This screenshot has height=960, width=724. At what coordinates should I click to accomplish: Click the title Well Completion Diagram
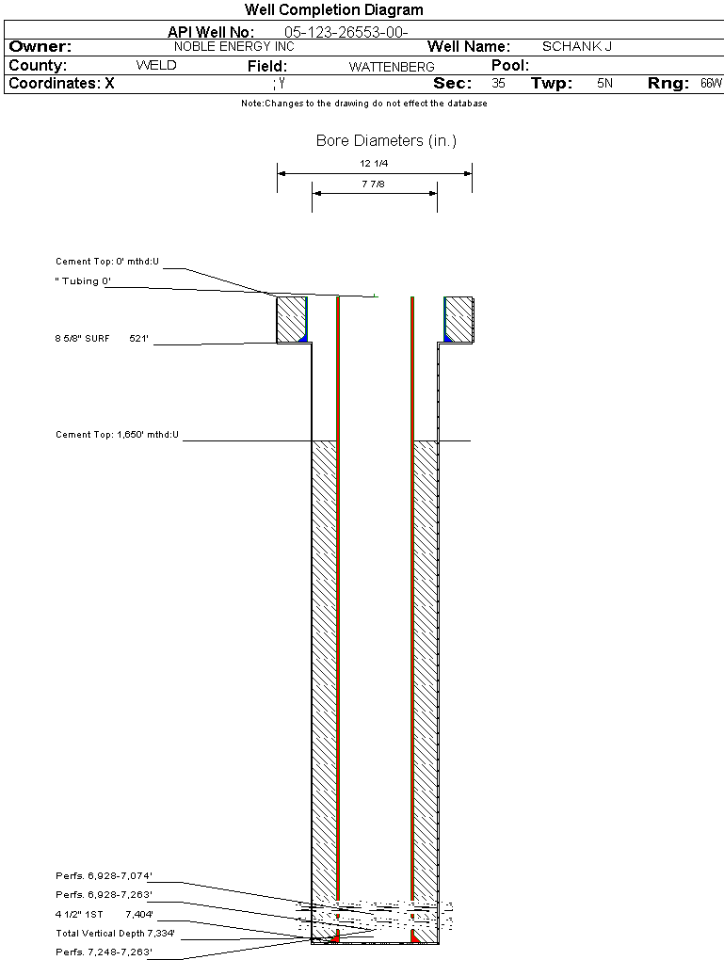pos(333,10)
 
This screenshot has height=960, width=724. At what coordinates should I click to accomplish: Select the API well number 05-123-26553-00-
pos(346,32)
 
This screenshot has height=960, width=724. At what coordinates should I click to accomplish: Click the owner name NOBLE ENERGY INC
pos(234,46)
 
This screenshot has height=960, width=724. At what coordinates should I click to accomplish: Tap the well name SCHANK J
pos(577,46)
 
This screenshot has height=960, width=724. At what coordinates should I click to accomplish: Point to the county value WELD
pos(156,66)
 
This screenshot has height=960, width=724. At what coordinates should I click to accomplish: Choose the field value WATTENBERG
pos(392,67)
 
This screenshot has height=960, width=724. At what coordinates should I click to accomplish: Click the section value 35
pos(498,84)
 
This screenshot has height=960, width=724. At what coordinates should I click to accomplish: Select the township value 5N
pos(604,84)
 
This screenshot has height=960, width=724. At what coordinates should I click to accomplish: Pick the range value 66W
pos(711,84)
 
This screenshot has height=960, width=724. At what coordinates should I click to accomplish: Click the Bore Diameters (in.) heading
pos(386,141)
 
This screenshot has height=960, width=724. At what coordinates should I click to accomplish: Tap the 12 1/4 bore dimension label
pos(374,164)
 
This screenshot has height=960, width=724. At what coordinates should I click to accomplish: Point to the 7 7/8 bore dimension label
pos(374,184)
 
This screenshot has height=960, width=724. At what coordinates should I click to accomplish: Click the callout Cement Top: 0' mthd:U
pos(108,261)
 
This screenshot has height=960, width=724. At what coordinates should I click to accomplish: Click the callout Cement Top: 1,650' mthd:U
pos(117,435)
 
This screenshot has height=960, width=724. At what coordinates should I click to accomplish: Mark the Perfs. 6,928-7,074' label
pos(104,876)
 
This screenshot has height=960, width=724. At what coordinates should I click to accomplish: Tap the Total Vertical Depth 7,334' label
pos(115,934)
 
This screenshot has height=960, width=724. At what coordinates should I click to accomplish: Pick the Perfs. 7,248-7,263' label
pos(104,952)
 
